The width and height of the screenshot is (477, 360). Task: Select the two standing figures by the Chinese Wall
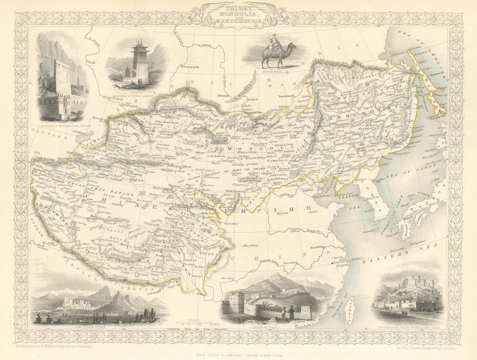[x=286, y=313]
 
